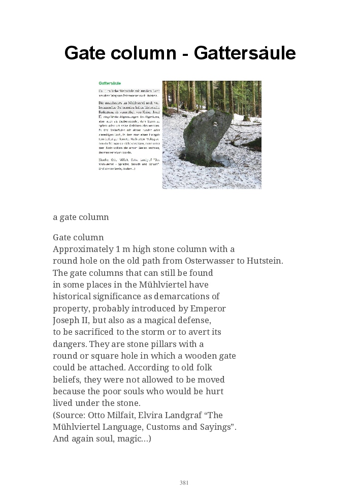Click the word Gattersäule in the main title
(244, 53)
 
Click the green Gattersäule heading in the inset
(110, 82)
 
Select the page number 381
(184, 483)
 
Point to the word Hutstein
(264, 261)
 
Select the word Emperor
(208, 308)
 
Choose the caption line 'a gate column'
(81, 217)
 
